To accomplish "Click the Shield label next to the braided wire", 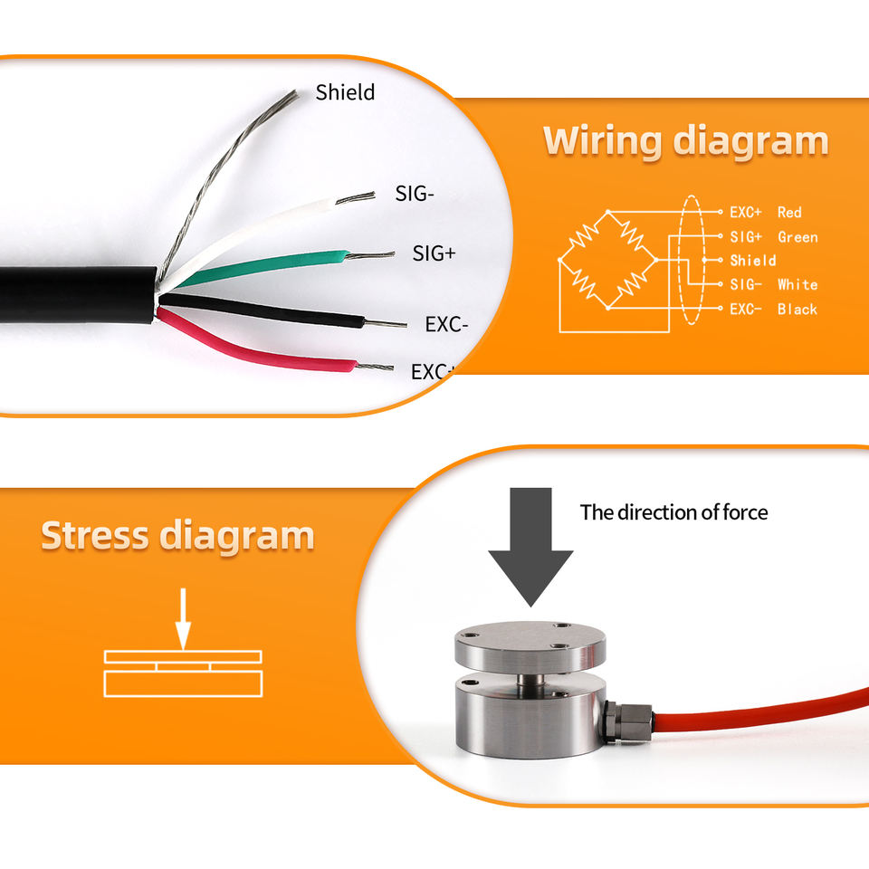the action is (x=345, y=91).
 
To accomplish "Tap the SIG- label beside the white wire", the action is (x=415, y=193).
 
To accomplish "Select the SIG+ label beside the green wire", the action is (x=434, y=253).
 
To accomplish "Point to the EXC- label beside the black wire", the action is (x=446, y=324).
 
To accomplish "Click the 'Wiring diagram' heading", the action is (x=685, y=142).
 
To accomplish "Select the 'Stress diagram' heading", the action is (x=177, y=536).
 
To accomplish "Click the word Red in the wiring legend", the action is (x=789, y=212).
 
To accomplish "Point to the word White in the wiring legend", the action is (x=797, y=284).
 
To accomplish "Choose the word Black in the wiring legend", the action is (x=797, y=309).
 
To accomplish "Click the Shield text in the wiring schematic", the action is (x=753, y=261).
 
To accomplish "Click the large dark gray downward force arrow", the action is (x=530, y=543).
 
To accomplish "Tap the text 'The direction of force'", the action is (x=673, y=512).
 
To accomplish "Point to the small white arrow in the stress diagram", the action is (x=183, y=619).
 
